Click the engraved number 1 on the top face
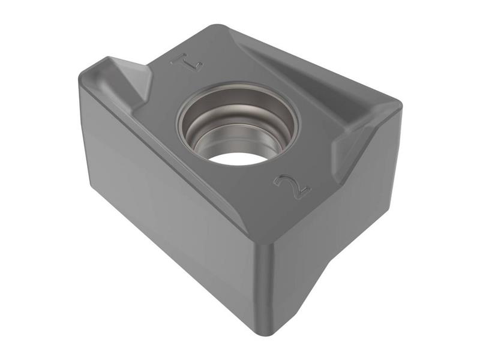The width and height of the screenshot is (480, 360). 181,60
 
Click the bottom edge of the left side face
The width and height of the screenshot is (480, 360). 174,264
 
